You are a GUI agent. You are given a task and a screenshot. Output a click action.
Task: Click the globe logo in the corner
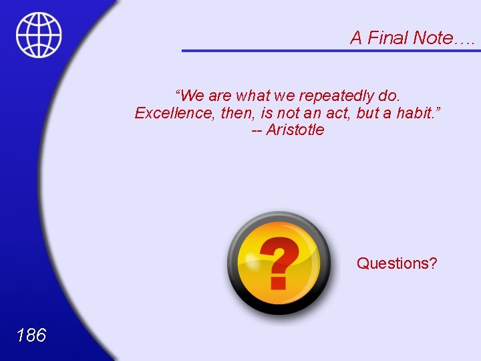click(39, 35)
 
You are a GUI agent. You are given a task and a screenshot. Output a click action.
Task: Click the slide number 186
click(31, 335)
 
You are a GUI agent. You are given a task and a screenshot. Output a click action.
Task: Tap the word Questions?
click(397, 263)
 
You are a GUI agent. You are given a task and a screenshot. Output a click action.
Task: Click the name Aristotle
click(295, 130)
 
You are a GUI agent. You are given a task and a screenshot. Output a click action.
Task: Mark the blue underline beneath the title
click(331, 50)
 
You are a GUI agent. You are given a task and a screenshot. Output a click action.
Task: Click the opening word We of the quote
click(192, 96)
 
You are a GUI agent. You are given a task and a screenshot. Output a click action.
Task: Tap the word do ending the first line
click(388, 96)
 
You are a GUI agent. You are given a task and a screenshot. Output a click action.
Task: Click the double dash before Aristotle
click(257, 130)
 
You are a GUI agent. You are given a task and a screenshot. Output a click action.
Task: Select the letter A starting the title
click(356, 38)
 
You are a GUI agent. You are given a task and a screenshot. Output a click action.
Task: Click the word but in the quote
click(368, 113)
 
